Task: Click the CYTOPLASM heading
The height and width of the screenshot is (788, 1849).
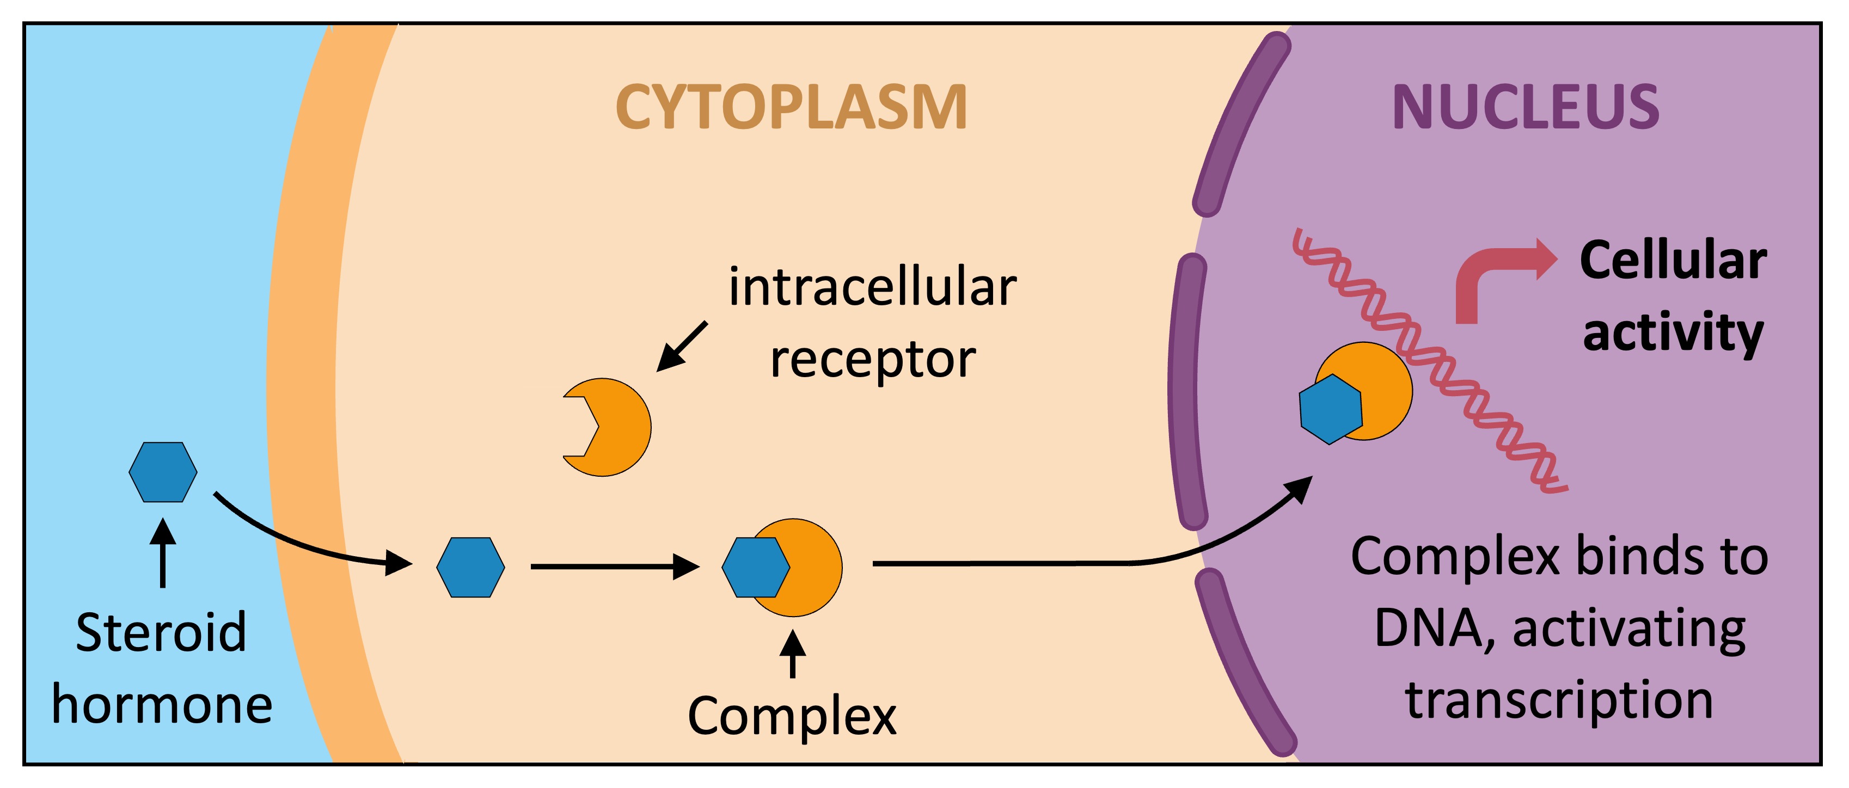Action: (x=791, y=108)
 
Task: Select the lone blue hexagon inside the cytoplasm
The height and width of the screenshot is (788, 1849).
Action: (x=470, y=567)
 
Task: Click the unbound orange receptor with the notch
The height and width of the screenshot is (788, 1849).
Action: (x=614, y=428)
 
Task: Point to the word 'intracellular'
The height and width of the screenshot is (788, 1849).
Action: (x=872, y=287)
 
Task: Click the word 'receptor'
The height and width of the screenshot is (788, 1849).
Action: (x=872, y=360)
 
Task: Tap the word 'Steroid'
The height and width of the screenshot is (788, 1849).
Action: (x=162, y=633)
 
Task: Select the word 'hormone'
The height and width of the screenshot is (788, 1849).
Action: (x=162, y=705)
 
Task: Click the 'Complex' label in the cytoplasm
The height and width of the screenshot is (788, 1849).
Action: (x=792, y=716)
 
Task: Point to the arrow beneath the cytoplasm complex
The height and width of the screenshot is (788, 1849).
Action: (x=792, y=655)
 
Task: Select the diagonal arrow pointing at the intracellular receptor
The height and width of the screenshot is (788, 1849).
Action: (x=682, y=347)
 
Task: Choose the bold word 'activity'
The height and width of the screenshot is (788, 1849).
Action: (x=1673, y=334)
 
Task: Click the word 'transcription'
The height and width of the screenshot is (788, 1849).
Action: (x=1559, y=700)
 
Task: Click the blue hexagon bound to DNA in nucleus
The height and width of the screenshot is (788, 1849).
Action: (x=1330, y=409)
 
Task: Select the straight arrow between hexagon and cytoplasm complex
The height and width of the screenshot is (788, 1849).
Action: (x=614, y=567)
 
